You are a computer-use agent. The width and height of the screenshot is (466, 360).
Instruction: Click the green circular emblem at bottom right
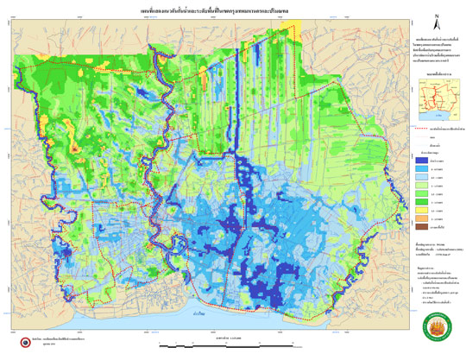pos(438,330)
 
